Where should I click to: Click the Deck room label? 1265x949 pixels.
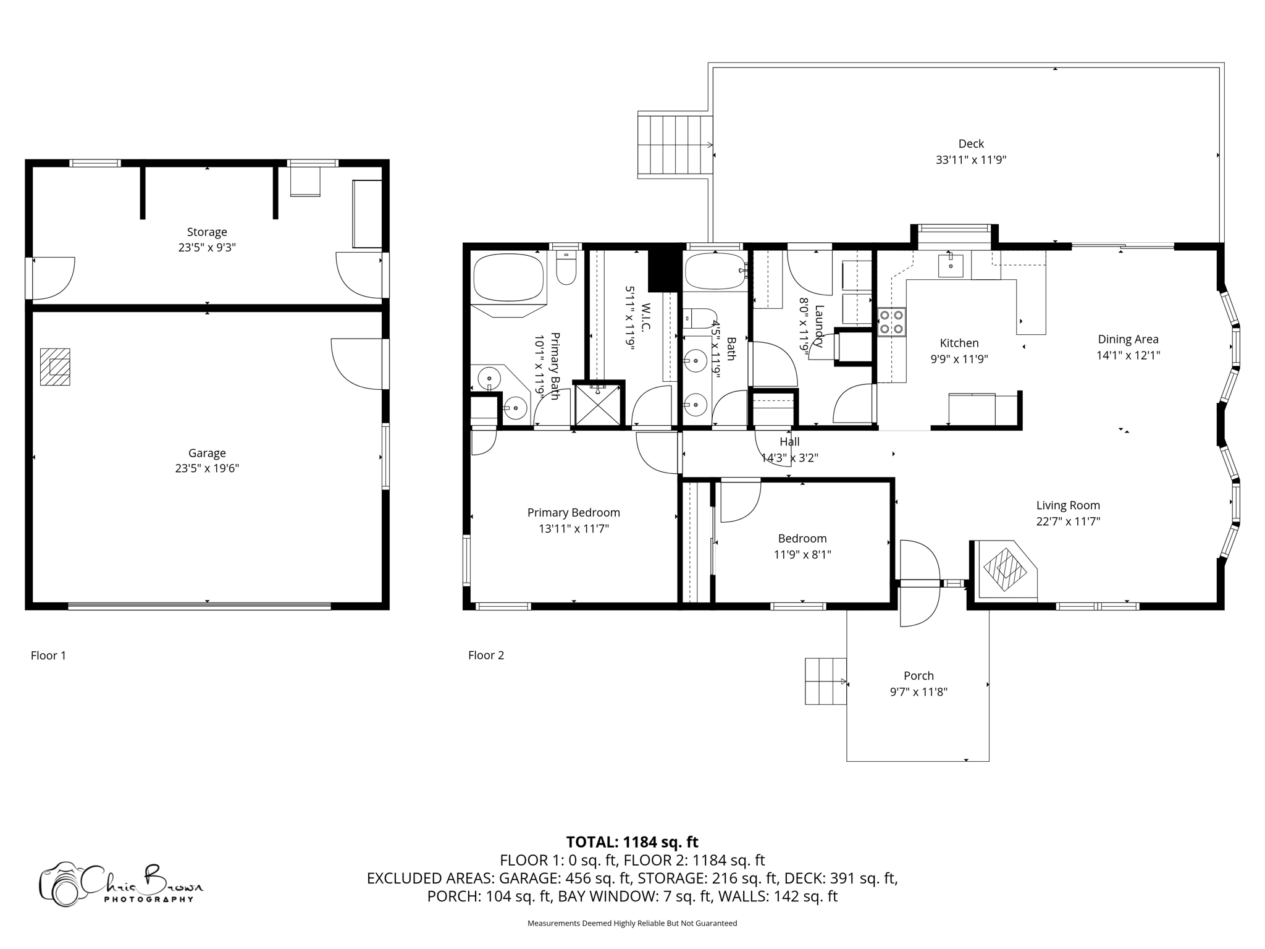click(970, 144)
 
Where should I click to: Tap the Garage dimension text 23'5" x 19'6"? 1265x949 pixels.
click(207, 468)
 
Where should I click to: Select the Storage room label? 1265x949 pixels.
click(207, 232)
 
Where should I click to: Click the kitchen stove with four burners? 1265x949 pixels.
click(892, 322)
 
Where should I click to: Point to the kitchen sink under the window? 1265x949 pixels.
click(950, 266)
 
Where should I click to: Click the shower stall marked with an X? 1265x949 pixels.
click(597, 405)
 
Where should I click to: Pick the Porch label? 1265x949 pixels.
click(918, 676)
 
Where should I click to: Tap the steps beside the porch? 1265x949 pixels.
click(825, 681)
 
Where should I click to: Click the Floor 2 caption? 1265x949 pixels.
click(486, 656)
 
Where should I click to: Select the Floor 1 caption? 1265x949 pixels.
click(48, 656)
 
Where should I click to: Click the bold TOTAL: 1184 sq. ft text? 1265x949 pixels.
click(632, 842)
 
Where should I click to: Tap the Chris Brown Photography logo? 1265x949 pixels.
click(120, 884)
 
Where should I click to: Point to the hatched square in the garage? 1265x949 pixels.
click(56, 367)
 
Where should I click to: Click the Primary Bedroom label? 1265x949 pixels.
click(573, 513)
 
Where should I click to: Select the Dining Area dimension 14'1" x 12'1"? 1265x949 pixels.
click(1128, 355)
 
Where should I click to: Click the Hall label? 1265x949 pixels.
click(789, 442)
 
